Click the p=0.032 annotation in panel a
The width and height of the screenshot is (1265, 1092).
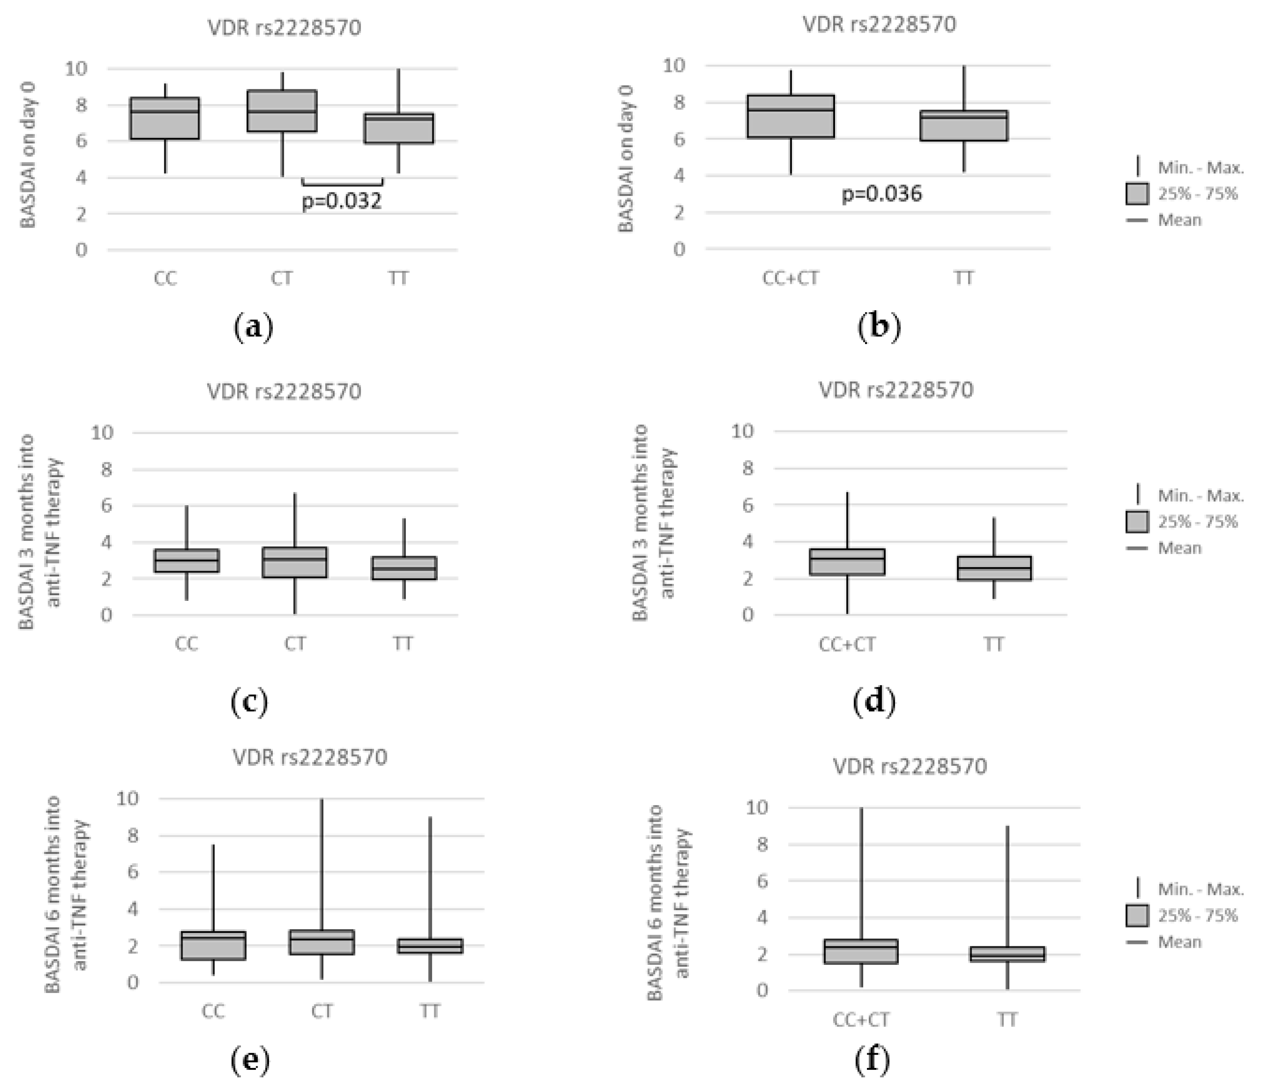point(342,201)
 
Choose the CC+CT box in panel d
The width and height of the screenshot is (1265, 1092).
point(847,562)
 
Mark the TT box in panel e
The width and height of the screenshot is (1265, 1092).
point(430,946)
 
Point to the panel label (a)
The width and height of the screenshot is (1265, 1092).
point(254,328)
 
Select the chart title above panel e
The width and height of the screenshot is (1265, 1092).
point(310,757)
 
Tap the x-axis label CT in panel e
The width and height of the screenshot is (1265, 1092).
point(322,1012)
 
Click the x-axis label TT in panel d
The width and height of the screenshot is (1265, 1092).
point(993,644)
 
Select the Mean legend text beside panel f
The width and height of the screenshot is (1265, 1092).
point(1179,942)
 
